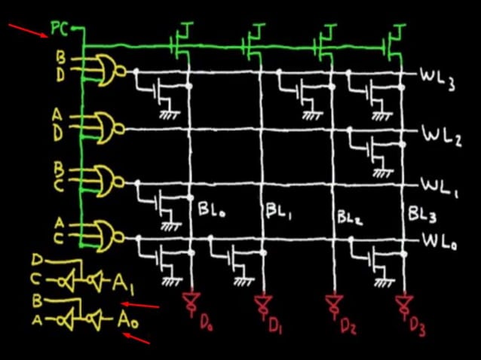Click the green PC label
pos(60,30)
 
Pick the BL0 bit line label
pos(212,209)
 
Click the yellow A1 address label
pos(124,284)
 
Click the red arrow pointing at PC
pos(26,33)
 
